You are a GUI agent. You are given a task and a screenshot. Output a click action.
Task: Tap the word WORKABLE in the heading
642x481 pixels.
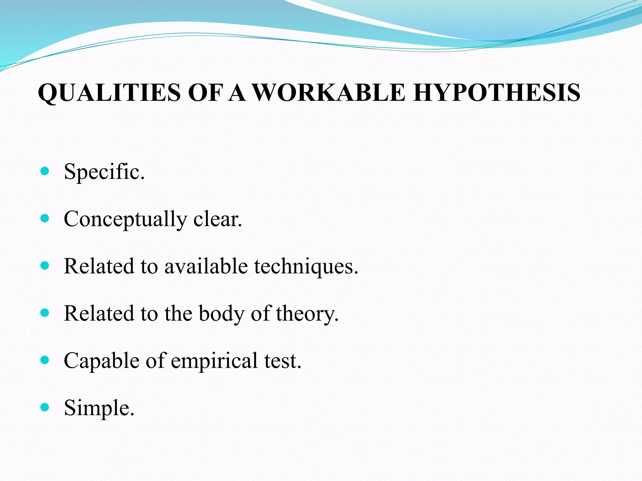(329, 93)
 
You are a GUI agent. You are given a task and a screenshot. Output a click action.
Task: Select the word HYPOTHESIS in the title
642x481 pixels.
(497, 93)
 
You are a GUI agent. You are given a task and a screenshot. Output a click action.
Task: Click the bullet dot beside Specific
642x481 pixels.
(45, 171)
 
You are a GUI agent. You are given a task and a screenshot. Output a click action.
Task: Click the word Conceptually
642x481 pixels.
(125, 219)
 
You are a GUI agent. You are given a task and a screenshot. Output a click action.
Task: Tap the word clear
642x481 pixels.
(218, 219)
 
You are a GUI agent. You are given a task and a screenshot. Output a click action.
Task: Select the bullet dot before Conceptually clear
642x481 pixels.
(45, 218)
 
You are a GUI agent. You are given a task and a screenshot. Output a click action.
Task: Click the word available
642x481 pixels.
(206, 266)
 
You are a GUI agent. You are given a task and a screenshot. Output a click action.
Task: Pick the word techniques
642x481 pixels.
(306, 266)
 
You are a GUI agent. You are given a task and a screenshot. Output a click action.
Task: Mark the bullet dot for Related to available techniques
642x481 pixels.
(45, 266)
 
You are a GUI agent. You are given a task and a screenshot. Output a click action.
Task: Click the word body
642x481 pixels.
(221, 313)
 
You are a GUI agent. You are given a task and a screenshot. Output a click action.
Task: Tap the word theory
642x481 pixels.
(307, 313)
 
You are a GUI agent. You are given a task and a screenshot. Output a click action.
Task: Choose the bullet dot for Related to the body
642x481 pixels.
(45, 313)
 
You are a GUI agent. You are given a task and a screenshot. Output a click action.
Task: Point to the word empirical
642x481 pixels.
(214, 361)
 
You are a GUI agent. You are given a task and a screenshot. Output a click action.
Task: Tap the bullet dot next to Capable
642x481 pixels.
(45, 360)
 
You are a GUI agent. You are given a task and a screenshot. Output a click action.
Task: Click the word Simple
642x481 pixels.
(99, 408)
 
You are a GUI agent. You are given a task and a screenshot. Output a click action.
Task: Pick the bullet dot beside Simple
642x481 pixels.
(45, 407)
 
